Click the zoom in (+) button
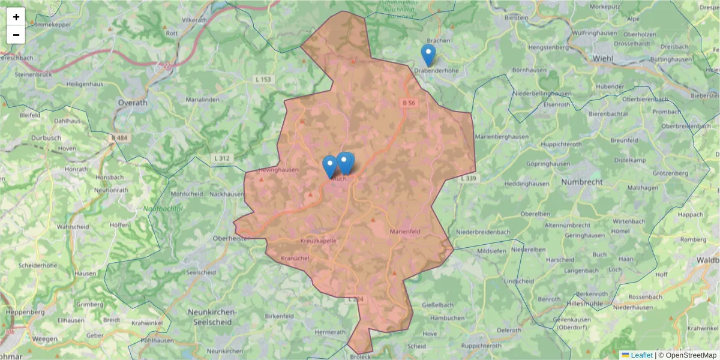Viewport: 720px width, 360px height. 16,17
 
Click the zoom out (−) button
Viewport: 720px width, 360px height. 16,35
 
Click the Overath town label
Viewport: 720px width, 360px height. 133,103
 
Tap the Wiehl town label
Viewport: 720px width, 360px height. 602,58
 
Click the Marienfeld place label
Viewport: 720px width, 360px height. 405,231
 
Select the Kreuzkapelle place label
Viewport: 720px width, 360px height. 318,241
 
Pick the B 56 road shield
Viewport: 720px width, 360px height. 409,103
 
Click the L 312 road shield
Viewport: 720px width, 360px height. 221,158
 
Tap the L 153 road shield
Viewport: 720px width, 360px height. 263,79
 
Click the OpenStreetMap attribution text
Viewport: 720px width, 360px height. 687,355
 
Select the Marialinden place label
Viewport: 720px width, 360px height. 205,100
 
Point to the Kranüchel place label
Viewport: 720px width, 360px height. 295,258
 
